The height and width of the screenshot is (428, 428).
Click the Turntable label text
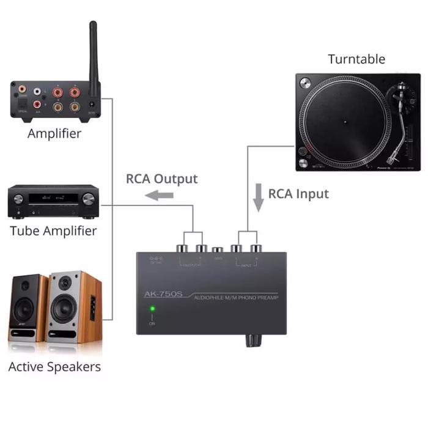356,59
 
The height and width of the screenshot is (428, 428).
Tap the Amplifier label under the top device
54,133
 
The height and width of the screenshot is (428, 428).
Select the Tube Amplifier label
53,231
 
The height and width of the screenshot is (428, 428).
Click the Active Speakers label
54,367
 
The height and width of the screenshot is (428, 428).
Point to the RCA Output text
162,179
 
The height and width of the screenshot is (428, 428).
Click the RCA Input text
298,194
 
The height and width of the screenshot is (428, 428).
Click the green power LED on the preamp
152,309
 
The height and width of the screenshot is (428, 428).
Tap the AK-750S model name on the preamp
163,294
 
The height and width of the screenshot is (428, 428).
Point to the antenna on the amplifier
94,55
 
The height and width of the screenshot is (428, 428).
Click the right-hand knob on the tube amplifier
89,199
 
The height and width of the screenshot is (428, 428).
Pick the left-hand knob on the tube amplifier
18,199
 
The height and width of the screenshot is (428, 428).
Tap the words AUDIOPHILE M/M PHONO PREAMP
235,298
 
